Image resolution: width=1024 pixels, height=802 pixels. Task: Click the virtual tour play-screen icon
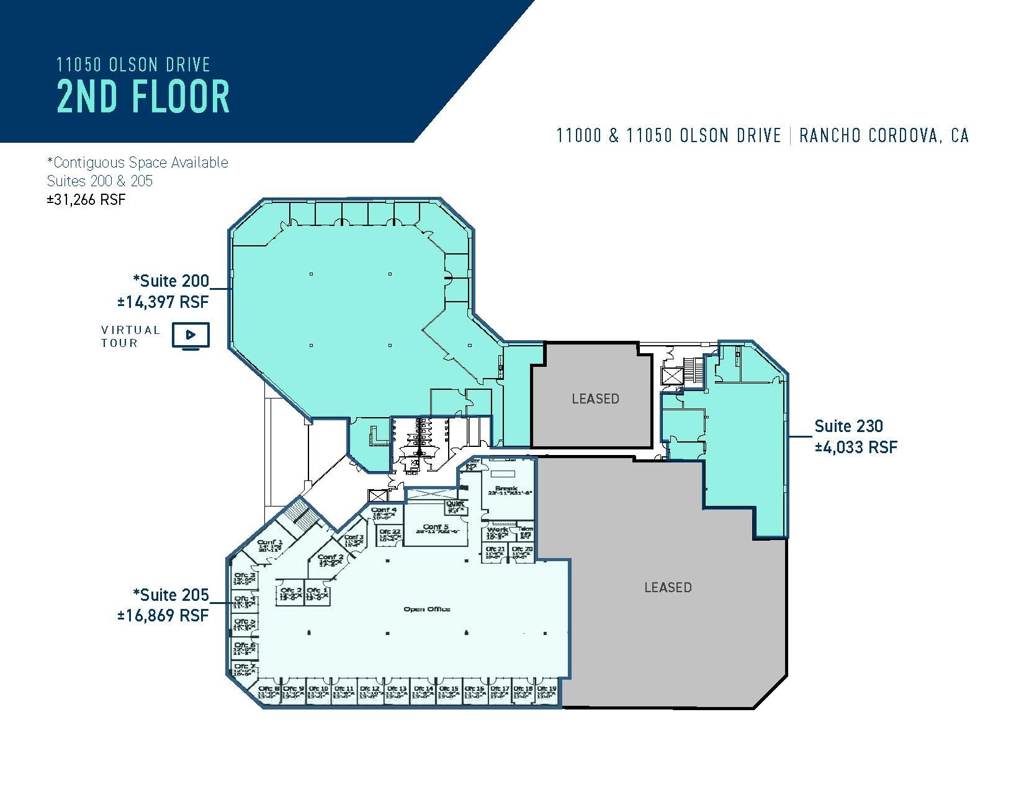[x=191, y=335]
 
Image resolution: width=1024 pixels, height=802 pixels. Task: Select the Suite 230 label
[x=848, y=426]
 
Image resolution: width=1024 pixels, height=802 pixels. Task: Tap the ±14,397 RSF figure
[x=163, y=302]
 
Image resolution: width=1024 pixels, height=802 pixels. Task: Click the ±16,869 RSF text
[x=163, y=615]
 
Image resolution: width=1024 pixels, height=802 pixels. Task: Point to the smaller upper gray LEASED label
[x=595, y=399]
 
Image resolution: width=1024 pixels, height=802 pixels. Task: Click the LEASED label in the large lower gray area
[x=668, y=587]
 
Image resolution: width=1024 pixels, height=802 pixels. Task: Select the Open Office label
[x=426, y=609]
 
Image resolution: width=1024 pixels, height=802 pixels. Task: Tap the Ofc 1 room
[x=317, y=593]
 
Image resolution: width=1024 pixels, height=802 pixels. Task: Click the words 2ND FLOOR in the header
[x=143, y=97]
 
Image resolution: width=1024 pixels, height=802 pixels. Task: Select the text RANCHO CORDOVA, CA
[x=884, y=136]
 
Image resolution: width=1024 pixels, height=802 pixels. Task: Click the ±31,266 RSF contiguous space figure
[x=86, y=200]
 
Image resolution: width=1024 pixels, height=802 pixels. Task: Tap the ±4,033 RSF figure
[x=856, y=447]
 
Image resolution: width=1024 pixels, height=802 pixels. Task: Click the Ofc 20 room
[x=521, y=552]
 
